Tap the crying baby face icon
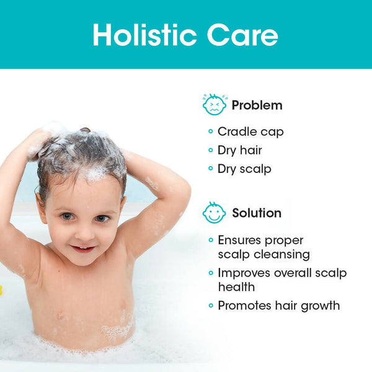[215, 105]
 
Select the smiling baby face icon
[215, 213]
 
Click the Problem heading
[257, 105]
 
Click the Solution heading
[257, 213]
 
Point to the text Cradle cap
[250, 131]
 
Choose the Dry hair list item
[239, 150]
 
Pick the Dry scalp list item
[244, 169]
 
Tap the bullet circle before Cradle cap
[211, 131]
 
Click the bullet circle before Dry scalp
[211, 169]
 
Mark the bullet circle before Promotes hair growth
[211, 306]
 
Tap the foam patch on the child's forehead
[94, 174]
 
